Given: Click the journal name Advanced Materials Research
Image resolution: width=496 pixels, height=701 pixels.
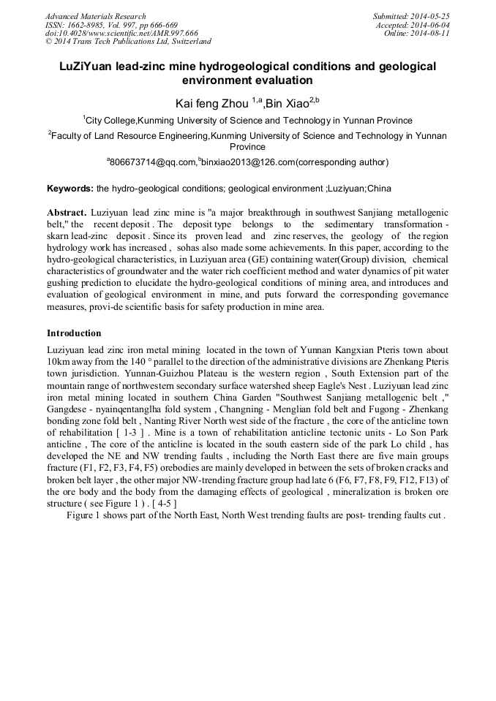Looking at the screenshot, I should [95, 16].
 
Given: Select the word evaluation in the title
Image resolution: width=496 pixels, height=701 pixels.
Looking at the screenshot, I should [285, 80].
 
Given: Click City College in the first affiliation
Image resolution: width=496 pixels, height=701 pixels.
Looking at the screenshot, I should [110, 121].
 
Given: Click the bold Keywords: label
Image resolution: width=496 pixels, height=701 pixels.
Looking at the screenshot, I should [70, 189].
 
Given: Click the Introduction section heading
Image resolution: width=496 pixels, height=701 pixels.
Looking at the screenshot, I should [74, 333].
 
